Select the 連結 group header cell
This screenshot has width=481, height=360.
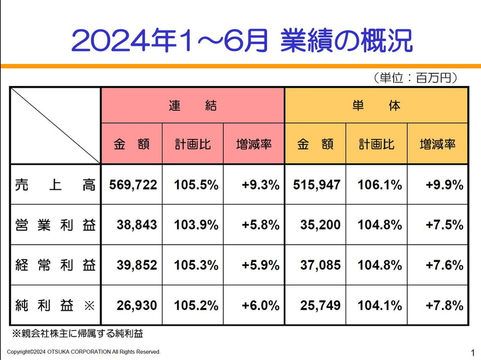[x=192, y=106]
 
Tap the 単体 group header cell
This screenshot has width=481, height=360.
[x=376, y=106]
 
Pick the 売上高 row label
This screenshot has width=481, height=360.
[x=55, y=185]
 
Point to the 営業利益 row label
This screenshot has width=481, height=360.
[x=55, y=225]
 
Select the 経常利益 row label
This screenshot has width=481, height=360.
[x=55, y=265]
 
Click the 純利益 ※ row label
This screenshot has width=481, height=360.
[x=55, y=305]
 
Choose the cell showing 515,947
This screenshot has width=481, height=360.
[x=316, y=185]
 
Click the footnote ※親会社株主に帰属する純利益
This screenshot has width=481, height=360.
[x=78, y=332]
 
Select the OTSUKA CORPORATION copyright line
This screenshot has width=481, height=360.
[x=84, y=352]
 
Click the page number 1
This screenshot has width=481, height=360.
[x=473, y=352]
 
